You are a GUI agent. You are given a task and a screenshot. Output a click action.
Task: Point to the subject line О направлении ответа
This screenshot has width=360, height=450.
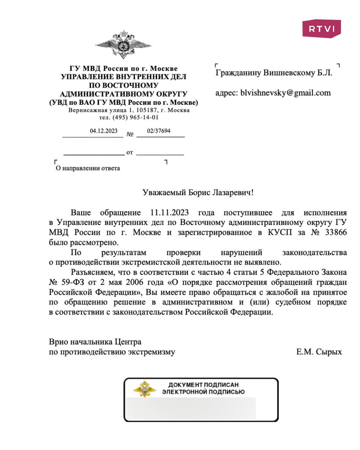click(x=87, y=169)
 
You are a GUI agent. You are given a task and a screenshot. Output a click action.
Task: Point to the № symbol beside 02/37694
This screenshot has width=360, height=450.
click(x=130, y=134)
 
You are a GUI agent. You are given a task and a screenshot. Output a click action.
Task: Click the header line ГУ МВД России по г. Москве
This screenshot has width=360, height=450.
click(x=123, y=69)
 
